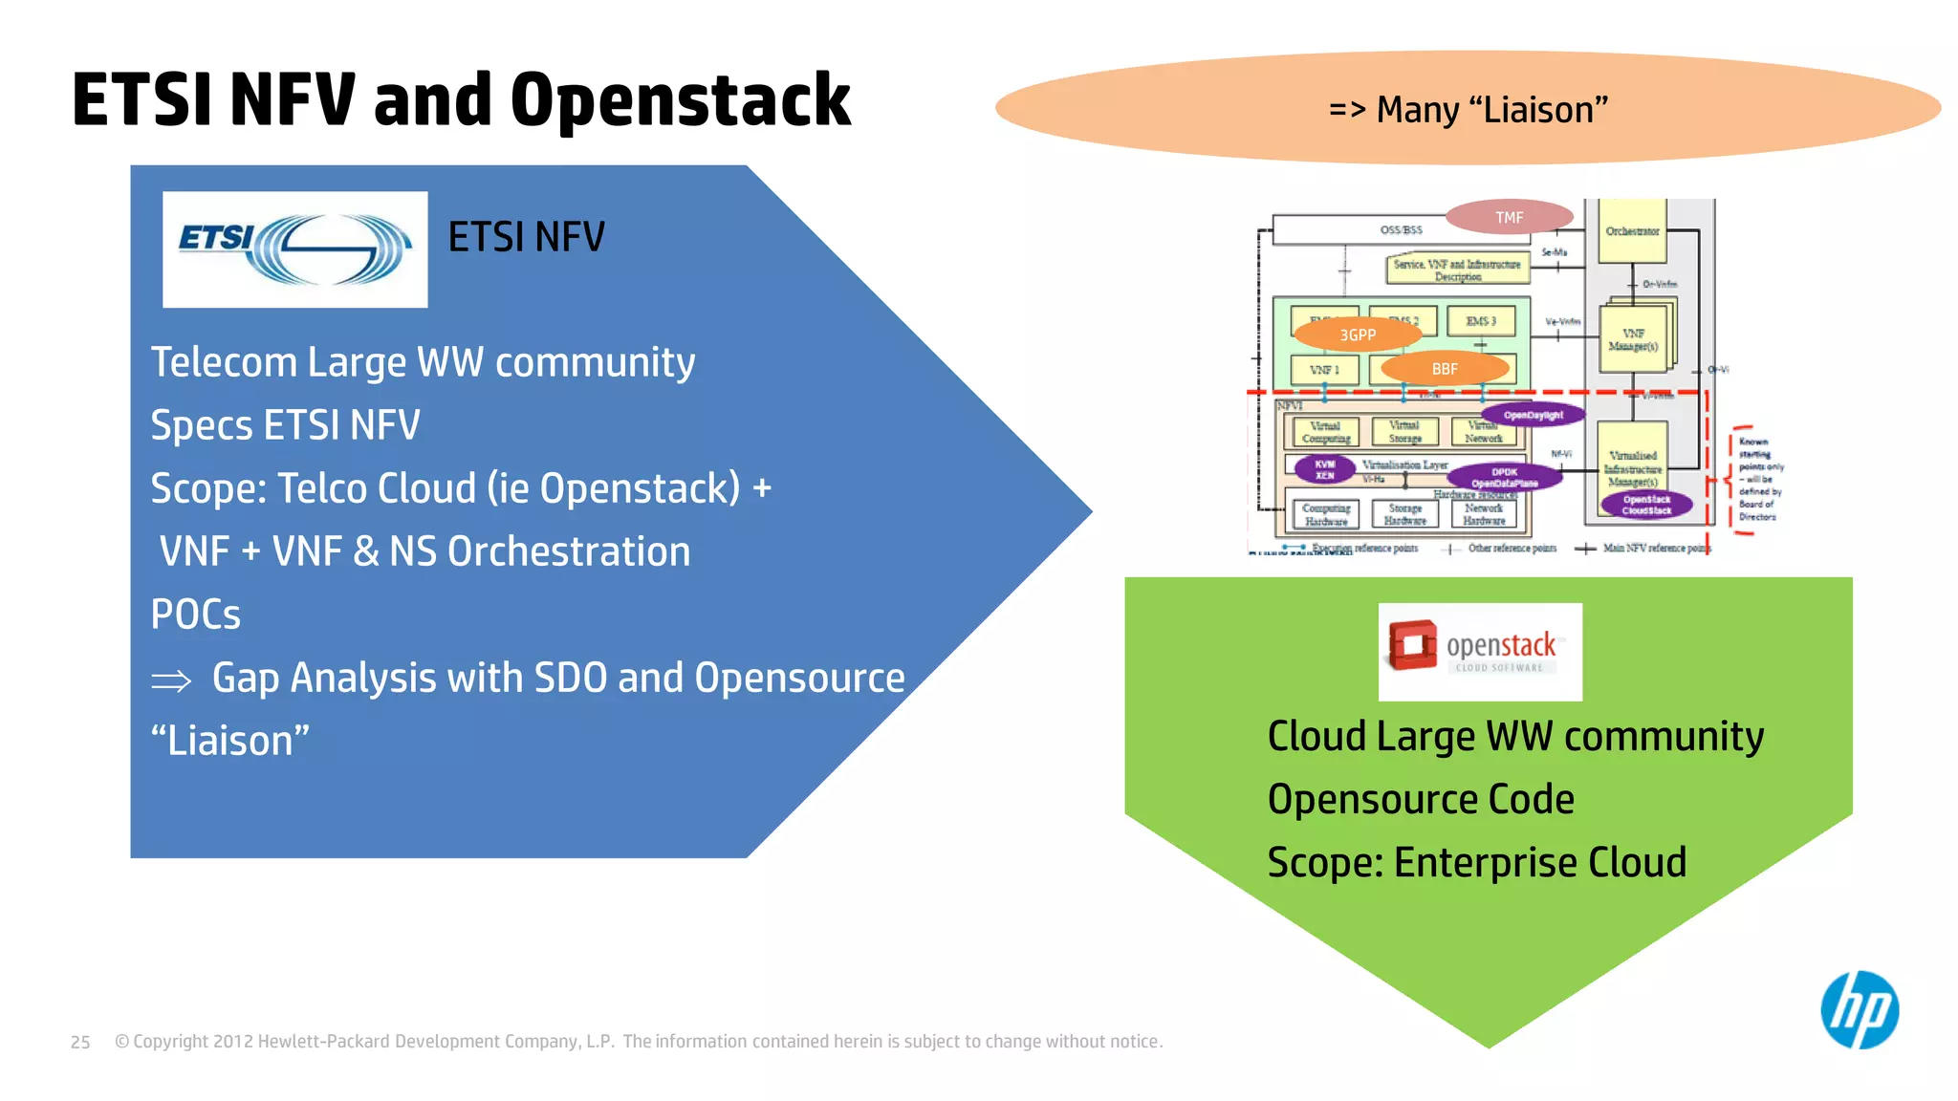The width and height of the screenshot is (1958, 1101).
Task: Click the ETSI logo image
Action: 294,249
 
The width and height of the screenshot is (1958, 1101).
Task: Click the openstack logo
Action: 1479,651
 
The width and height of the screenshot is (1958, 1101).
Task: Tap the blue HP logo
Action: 1859,1009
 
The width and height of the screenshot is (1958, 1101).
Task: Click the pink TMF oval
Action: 1509,218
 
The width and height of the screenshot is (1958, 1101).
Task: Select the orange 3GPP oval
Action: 1357,335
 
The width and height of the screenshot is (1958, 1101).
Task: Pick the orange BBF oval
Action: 1445,369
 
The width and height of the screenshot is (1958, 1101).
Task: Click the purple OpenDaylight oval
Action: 1533,415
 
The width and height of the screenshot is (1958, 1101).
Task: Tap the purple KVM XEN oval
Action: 1324,469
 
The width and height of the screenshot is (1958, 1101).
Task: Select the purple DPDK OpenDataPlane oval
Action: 1504,477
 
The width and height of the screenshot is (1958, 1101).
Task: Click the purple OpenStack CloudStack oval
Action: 1646,505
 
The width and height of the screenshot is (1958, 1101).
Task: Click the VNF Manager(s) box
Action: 1633,339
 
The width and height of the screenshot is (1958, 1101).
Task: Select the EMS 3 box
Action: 1480,321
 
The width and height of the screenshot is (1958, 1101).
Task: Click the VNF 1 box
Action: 1324,370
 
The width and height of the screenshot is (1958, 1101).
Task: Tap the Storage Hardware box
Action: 1404,514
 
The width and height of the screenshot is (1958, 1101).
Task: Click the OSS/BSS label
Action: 1401,230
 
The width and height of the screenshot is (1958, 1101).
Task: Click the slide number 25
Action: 80,1042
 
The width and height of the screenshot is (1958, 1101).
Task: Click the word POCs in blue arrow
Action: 196,615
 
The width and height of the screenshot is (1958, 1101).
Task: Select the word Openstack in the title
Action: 680,100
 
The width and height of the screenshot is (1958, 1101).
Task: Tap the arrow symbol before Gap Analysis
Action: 171,681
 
